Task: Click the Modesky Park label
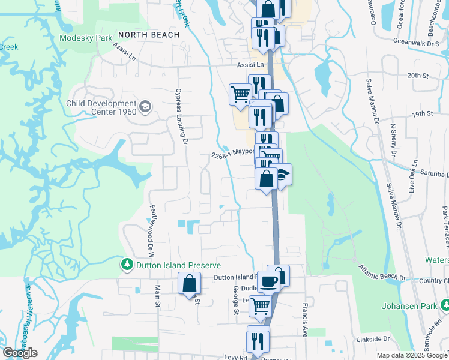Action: pos(86,38)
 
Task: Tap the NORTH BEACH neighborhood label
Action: pos(149,35)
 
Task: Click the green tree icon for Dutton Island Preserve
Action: pos(127,265)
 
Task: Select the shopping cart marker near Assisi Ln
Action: pos(240,94)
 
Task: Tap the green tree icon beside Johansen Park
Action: pos(444,305)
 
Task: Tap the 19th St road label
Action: pos(422,113)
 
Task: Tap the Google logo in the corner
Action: pos(20,353)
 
